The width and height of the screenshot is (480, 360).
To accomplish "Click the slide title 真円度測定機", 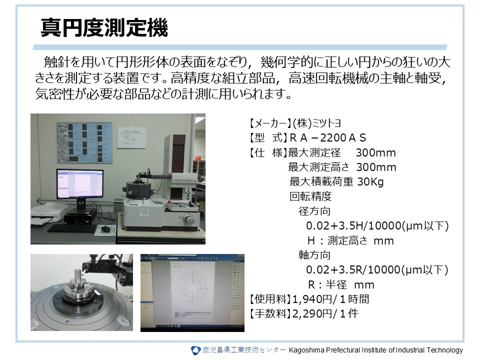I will click(104, 28).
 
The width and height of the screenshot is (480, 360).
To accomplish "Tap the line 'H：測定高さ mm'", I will click(350, 240).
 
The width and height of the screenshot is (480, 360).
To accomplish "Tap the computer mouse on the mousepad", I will click(106, 230).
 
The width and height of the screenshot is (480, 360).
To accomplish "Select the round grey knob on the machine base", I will click(189, 218).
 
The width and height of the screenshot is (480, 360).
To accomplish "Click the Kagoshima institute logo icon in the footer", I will click(195, 350).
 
